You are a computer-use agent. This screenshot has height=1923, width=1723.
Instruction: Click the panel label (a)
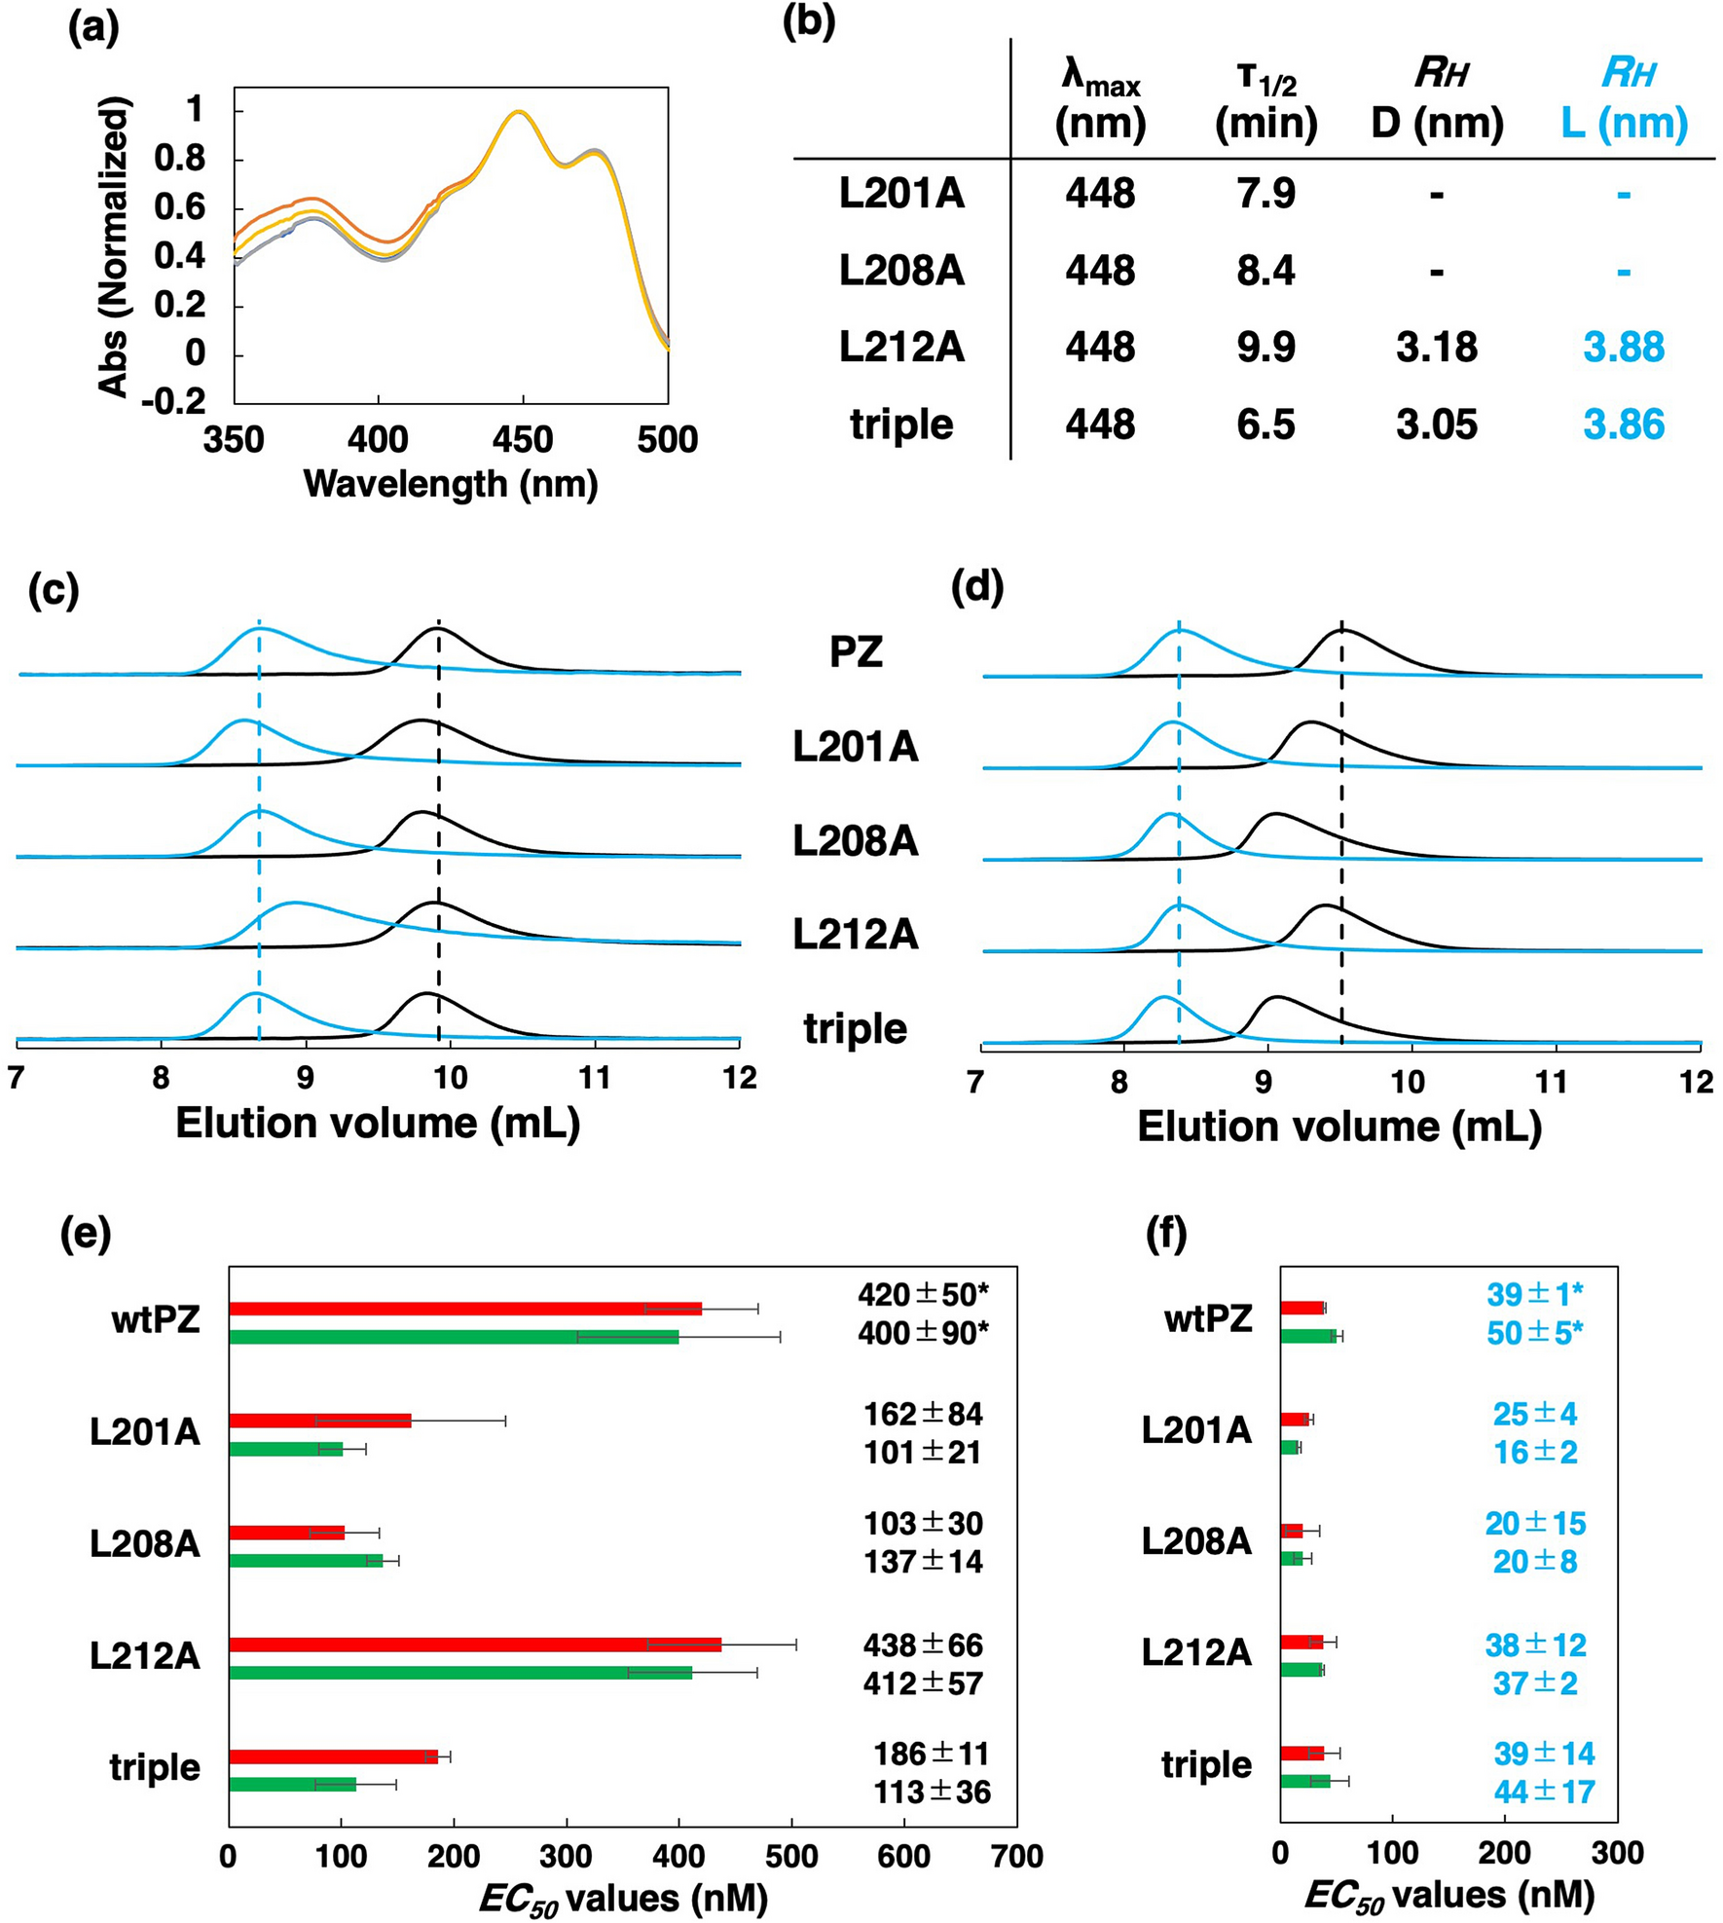(x=92, y=29)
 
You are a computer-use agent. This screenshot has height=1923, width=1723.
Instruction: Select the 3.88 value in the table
(x=1623, y=348)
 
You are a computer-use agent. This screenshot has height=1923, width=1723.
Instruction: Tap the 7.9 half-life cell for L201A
(x=1265, y=193)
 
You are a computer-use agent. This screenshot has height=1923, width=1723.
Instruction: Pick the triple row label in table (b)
(x=901, y=425)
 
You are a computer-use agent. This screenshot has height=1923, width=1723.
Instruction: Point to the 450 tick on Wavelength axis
(x=523, y=440)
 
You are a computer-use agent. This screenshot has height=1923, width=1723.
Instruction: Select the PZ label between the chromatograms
(x=856, y=651)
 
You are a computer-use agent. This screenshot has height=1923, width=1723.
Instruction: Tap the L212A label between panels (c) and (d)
(x=855, y=935)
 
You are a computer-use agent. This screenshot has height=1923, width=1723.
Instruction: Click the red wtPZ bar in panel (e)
(x=464, y=1309)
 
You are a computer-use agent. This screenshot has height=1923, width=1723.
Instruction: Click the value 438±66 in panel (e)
(x=923, y=1646)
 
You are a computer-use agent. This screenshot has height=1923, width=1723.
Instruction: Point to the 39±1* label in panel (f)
(x=1534, y=1295)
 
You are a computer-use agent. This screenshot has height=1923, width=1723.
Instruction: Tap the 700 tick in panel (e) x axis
(x=1016, y=1857)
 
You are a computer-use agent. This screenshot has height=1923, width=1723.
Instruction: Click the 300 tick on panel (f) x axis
(x=1616, y=1853)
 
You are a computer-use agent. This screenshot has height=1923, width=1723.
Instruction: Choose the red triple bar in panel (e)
(x=333, y=1757)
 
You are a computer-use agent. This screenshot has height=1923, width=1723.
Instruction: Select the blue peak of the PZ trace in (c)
(x=259, y=631)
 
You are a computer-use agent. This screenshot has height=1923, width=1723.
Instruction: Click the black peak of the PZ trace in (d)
(x=1342, y=632)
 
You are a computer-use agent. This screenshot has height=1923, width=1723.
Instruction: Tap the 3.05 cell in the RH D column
(x=1436, y=425)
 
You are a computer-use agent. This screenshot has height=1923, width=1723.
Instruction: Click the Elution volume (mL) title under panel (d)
(x=1338, y=1127)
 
